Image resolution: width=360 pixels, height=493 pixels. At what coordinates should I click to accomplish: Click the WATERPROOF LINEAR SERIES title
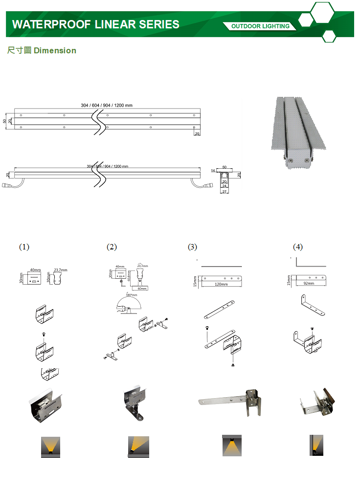[95, 24]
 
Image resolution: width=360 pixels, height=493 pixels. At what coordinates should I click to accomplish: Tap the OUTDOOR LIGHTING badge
[260, 26]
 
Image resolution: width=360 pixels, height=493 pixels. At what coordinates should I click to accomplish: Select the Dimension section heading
[42, 50]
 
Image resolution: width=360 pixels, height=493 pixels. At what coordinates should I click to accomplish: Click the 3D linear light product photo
[298, 132]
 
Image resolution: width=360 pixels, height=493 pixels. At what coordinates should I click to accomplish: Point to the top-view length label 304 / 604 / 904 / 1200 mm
[107, 105]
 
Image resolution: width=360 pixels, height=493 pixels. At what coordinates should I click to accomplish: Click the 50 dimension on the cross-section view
[225, 167]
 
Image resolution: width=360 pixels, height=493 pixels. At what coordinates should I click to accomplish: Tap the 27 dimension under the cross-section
[225, 192]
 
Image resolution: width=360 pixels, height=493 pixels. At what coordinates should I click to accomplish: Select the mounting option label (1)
[24, 247]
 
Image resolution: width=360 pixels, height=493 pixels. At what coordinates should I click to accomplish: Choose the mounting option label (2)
[112, 247]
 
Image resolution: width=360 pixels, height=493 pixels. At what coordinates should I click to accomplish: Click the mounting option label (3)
[192, 247]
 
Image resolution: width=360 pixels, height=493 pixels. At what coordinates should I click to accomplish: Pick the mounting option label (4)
[298, 247]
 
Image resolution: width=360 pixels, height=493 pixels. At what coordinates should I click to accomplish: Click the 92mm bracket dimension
[309, 284]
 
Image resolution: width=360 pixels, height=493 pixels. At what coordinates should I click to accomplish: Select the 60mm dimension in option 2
[142, 289]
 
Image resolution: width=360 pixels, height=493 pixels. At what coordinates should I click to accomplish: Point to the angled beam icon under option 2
[136, 446]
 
